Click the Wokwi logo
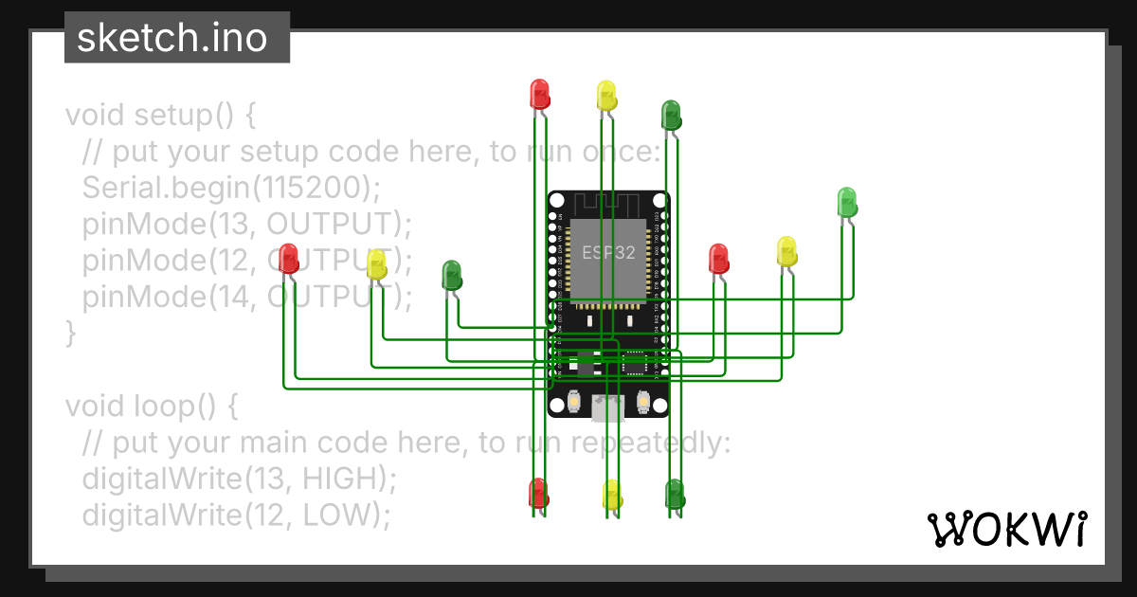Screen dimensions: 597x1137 [x=1005, y=529]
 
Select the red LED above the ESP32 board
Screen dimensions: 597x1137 [x=539, y=94]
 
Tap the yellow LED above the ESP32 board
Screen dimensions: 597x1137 [x=606, y=96]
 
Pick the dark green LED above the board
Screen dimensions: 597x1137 [x=671, y=115]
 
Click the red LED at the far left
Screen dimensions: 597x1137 [x=289, y=258]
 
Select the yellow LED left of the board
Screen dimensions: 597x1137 [x=376, y=264]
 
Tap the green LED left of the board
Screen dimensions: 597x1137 [x=452, y=276]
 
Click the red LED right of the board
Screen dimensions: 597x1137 [x=718, y=259]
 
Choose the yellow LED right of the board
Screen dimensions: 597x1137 [x=786, y=251]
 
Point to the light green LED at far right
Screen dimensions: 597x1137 [x=846, y=202]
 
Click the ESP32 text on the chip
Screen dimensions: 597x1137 [x=604, y=253]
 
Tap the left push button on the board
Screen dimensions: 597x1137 [x=574, y=403]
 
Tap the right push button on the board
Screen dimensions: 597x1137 [x=643, y=403]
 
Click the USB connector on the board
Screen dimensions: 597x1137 [x=607, y=408]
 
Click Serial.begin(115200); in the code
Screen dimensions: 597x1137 [x=230, y=187]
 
